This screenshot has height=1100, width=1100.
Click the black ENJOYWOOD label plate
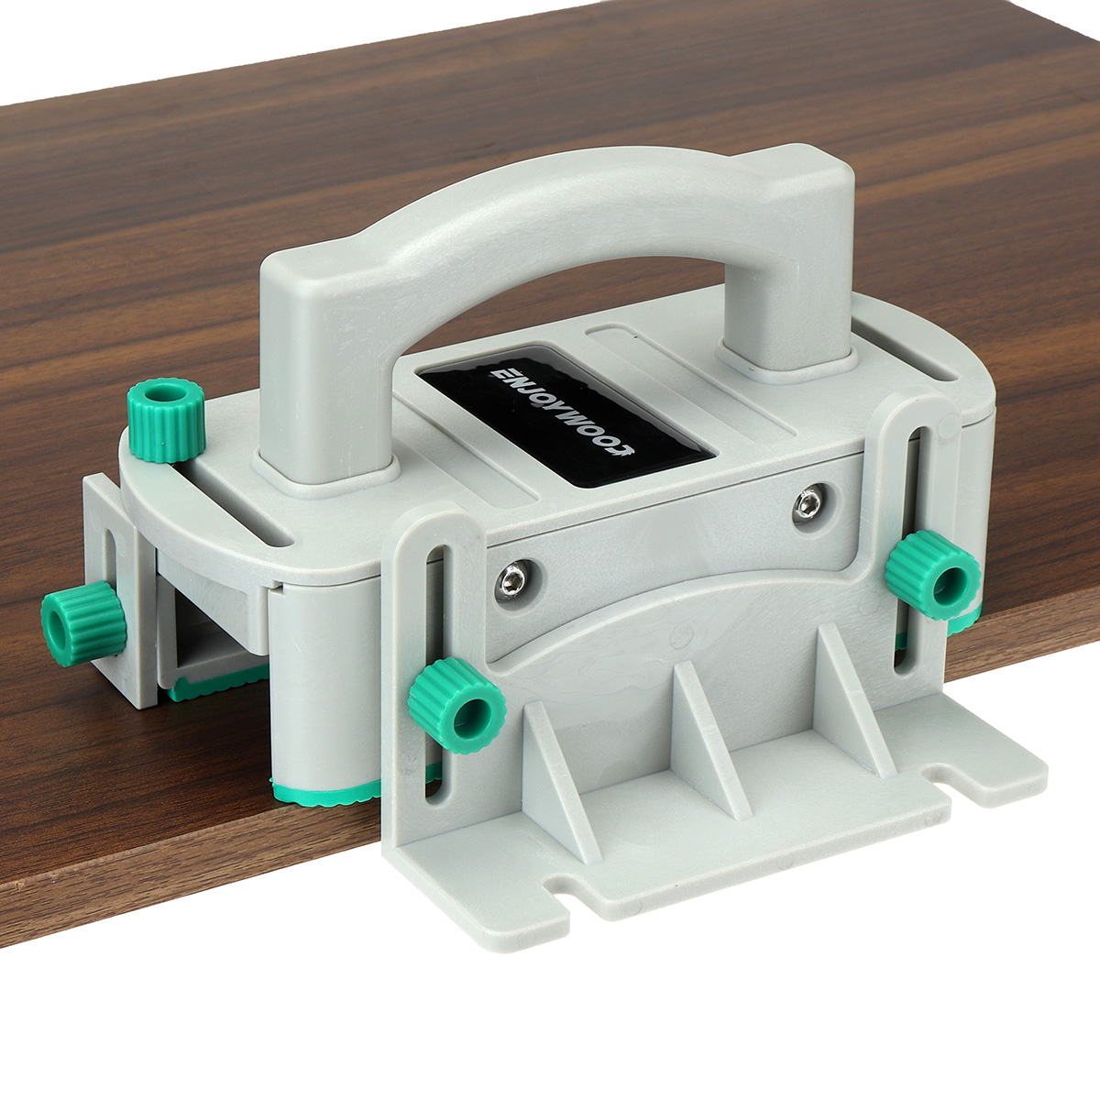(x=566, y=415)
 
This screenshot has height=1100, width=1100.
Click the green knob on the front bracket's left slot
(x=457, y=705)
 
